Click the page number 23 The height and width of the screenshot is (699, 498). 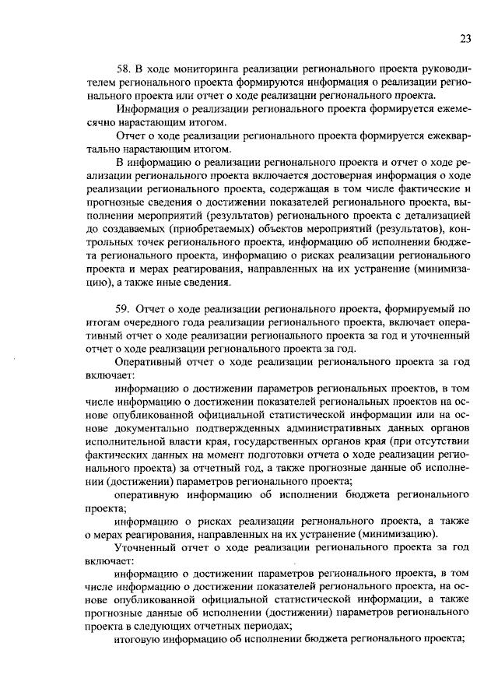click(465, 39)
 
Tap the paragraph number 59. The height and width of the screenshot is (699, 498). click(123, 309)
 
